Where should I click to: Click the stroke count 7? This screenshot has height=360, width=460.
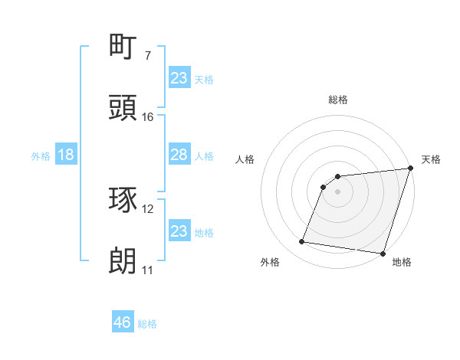click(x=147, y=56)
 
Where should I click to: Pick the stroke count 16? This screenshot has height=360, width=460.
click(x=147, y=117)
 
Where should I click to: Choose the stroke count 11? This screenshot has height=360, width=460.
click(x=147, y=270)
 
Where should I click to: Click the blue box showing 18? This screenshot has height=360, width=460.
click(x=66, y=155)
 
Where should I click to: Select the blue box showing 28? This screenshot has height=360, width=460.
click(x=179, y=155)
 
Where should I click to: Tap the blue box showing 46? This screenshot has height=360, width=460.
click(x=123, y=322)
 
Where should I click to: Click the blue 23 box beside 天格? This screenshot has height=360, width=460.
click(x=179, y=78)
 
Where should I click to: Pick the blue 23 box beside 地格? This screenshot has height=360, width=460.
click(x=179, y=231)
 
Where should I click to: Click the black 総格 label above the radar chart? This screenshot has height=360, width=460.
click(x=338, y=100)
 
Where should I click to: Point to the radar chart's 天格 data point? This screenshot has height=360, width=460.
click(x=410, y=169)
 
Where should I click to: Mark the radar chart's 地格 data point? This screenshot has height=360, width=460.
click(x=383, y=254)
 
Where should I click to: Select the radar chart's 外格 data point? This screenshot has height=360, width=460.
click(x=302, y=242)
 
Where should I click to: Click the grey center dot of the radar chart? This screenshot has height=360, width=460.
click(x=338, y=191)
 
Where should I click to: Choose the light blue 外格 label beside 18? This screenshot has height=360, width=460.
click(x=41, y=156)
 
